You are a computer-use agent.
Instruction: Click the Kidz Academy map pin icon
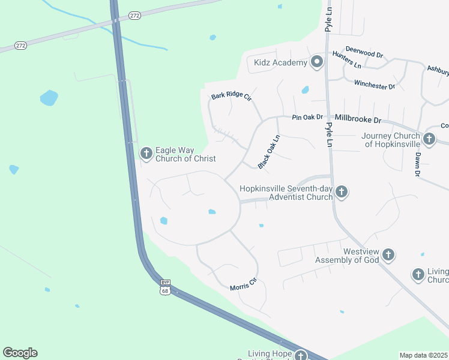[317, 62]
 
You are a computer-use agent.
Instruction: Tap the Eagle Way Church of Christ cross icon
[146, 154]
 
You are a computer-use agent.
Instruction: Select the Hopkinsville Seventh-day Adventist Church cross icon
[341, 192]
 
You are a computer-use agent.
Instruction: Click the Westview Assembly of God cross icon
[388, 255]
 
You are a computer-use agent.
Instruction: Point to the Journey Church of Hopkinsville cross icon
[429, 139]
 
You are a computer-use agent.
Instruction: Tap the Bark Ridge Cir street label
[231, 97]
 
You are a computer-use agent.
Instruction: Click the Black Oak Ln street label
[269, 152]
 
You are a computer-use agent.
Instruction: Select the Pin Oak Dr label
[307, 118]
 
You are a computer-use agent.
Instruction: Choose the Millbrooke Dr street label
[358, 119]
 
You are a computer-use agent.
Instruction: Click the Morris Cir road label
[243, 284]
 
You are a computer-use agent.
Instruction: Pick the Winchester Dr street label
[375, 85]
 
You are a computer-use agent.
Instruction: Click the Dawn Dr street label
[417, 164]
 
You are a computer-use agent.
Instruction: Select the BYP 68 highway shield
[165, 287]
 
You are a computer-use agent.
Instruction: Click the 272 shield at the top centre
[134, 16]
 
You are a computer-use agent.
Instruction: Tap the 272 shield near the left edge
[20, 45]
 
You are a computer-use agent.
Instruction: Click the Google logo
[20, 353]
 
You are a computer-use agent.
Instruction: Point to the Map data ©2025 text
[423, 355]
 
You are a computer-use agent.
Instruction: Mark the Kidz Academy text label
[281, 62]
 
